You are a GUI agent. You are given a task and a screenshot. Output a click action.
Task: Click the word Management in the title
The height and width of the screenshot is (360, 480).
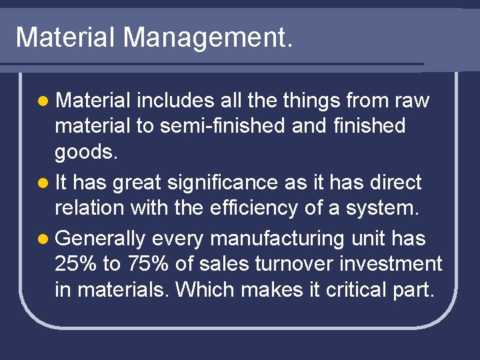[x=207, y=37]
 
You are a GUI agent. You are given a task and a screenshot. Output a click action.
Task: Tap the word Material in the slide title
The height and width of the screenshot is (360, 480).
[x=65, y=37]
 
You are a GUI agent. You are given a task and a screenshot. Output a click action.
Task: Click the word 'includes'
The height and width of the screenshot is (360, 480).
[x=175, y=101]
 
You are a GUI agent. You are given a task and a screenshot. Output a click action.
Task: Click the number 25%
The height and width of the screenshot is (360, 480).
[x=75, y=264]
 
